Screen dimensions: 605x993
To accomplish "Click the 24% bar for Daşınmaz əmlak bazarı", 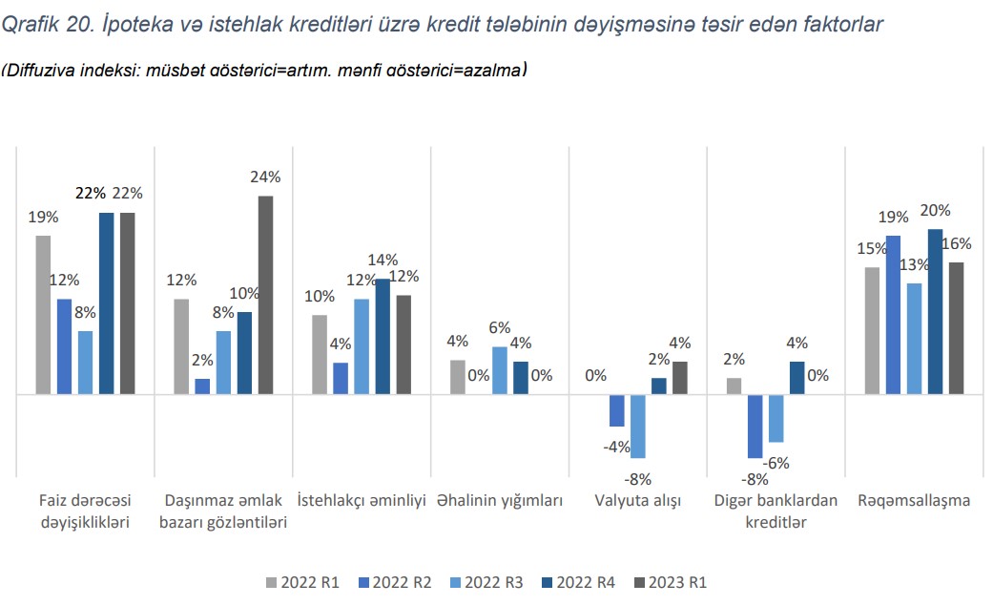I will [x=265, y=295].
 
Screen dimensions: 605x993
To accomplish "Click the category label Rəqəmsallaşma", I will [x=913, y=500].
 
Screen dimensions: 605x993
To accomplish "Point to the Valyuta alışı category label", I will [x=637, y=500].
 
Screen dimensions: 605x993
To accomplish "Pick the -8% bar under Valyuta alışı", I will [x=638, y=426].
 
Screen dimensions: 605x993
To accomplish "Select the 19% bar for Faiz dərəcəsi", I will [x=43, y=314].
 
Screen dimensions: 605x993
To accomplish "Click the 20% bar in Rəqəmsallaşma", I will [x=935, y=311].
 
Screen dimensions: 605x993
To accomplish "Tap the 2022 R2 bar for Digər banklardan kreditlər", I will [x=755, y=426].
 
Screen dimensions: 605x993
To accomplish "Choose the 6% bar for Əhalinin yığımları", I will [x=499, y=370].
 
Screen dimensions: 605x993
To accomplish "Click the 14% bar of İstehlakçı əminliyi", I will [x=383, y=336].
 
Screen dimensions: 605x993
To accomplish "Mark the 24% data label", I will [x=265, y=177].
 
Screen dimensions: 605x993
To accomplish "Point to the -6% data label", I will [x=776, y=463].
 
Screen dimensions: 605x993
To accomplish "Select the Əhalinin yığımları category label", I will [x=500, y=500].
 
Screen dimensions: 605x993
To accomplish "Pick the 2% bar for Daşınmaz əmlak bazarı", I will [x=202, y=386].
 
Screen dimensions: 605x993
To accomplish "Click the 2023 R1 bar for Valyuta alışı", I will [x=679, y=377].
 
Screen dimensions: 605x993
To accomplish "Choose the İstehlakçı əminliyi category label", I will [x=362, y=500].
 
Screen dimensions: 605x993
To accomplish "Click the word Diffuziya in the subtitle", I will [x=36, y=71].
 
